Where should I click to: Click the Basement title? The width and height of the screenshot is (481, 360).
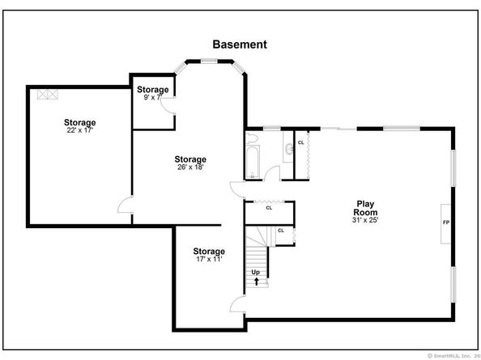(240, 44)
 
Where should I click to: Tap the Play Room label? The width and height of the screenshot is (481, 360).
(365, 208)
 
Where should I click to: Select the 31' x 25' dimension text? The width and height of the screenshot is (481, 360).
(365, 220)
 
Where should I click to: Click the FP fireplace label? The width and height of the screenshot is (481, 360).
(445, 222)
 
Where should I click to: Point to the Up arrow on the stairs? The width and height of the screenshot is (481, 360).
(256, 282)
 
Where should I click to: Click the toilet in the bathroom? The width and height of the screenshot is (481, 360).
(252, 138)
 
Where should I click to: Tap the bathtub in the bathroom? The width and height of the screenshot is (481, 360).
(253, 162)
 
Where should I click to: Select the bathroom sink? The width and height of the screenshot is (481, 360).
(288, 149)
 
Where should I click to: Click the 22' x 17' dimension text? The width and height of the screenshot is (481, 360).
(79, 130)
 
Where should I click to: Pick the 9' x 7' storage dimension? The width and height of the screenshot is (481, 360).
(153, 97)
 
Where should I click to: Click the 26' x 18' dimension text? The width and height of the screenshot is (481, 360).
(190, 167)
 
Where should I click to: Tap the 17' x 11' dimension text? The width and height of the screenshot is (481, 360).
(209, 259)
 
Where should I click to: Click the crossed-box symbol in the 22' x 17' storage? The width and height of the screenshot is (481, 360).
(48, 95)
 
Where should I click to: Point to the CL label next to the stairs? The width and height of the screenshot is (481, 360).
(281, 231)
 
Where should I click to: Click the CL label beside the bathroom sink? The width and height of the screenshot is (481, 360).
(301, 142)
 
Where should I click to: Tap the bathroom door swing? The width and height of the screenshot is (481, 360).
(272, 173)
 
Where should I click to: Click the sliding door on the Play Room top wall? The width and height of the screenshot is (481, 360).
(338, 129)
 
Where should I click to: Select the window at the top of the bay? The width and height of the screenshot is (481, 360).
(209, 61)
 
